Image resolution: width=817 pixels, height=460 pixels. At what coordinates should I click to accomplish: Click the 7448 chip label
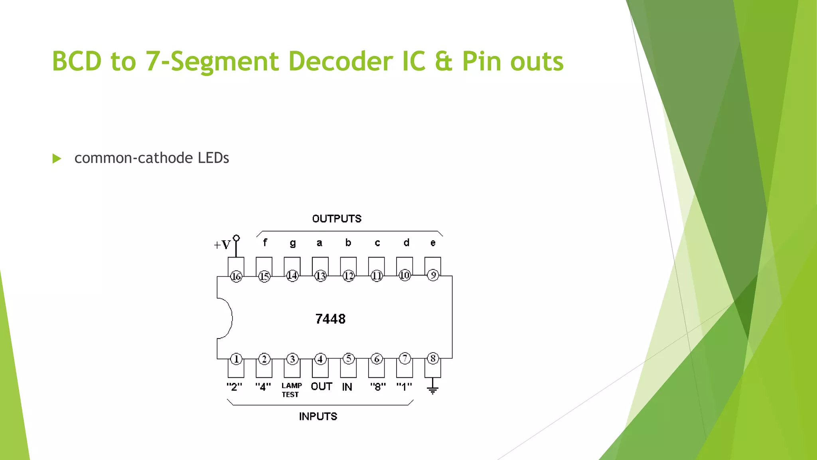(x=330, y=319)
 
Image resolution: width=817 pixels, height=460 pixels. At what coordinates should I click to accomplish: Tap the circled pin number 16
(x=236, y=276)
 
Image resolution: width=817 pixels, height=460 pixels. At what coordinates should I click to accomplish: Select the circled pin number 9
(x=433, y=275)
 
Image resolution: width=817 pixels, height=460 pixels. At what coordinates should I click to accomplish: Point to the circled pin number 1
(x=236, y=359)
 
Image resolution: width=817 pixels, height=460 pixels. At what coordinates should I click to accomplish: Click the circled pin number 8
(x=433, y=359)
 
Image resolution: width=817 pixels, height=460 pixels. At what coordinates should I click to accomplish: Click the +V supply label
(x=222, y=245)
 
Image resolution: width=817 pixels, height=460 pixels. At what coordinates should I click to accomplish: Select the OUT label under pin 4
(x=321, y=387)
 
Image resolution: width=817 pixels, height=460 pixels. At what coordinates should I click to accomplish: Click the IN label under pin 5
(x=347, y=387)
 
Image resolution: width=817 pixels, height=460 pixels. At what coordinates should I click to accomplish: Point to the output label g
(x=293, y=243)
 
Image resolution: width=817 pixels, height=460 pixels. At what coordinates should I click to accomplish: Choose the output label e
(x=433, y=243)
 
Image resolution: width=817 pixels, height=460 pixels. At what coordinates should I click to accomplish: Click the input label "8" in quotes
(x=378, y=387)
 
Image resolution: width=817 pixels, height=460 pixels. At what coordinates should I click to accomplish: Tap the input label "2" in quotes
(x=234, y=387)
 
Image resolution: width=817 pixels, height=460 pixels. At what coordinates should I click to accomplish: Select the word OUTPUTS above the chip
(x=337, y=219)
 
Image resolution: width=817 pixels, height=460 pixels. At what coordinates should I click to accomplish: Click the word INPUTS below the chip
(x=318, y=416)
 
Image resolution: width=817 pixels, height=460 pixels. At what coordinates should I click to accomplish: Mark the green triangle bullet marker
(x=57, y=159)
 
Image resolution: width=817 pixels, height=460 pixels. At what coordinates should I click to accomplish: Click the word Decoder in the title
(x=340, y=61)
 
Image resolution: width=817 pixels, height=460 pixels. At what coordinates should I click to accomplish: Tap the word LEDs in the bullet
(x=213, y=158)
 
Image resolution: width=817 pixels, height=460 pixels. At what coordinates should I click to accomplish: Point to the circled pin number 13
(x=320, y=276)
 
